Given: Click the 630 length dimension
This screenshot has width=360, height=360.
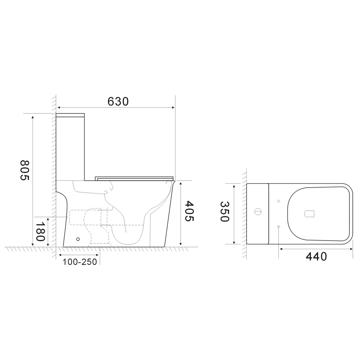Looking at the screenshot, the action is [x=118, y=102].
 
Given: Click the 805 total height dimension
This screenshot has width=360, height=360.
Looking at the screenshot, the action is [x=24, y=170].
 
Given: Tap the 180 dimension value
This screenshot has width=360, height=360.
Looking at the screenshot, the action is [x=40, y=231].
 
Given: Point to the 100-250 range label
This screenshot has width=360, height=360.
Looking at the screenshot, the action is [x=80, y=262].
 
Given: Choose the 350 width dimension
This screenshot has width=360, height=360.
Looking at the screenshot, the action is [x=225, y=211].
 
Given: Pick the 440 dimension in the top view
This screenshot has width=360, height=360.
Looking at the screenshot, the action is [x=316, y=256].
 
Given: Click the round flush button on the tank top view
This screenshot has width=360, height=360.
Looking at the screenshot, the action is [x=258, y=211].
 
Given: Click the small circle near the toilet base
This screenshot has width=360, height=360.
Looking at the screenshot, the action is [x=78, y=239].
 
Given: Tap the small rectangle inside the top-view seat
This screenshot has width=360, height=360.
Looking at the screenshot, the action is [x=310, y=214].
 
